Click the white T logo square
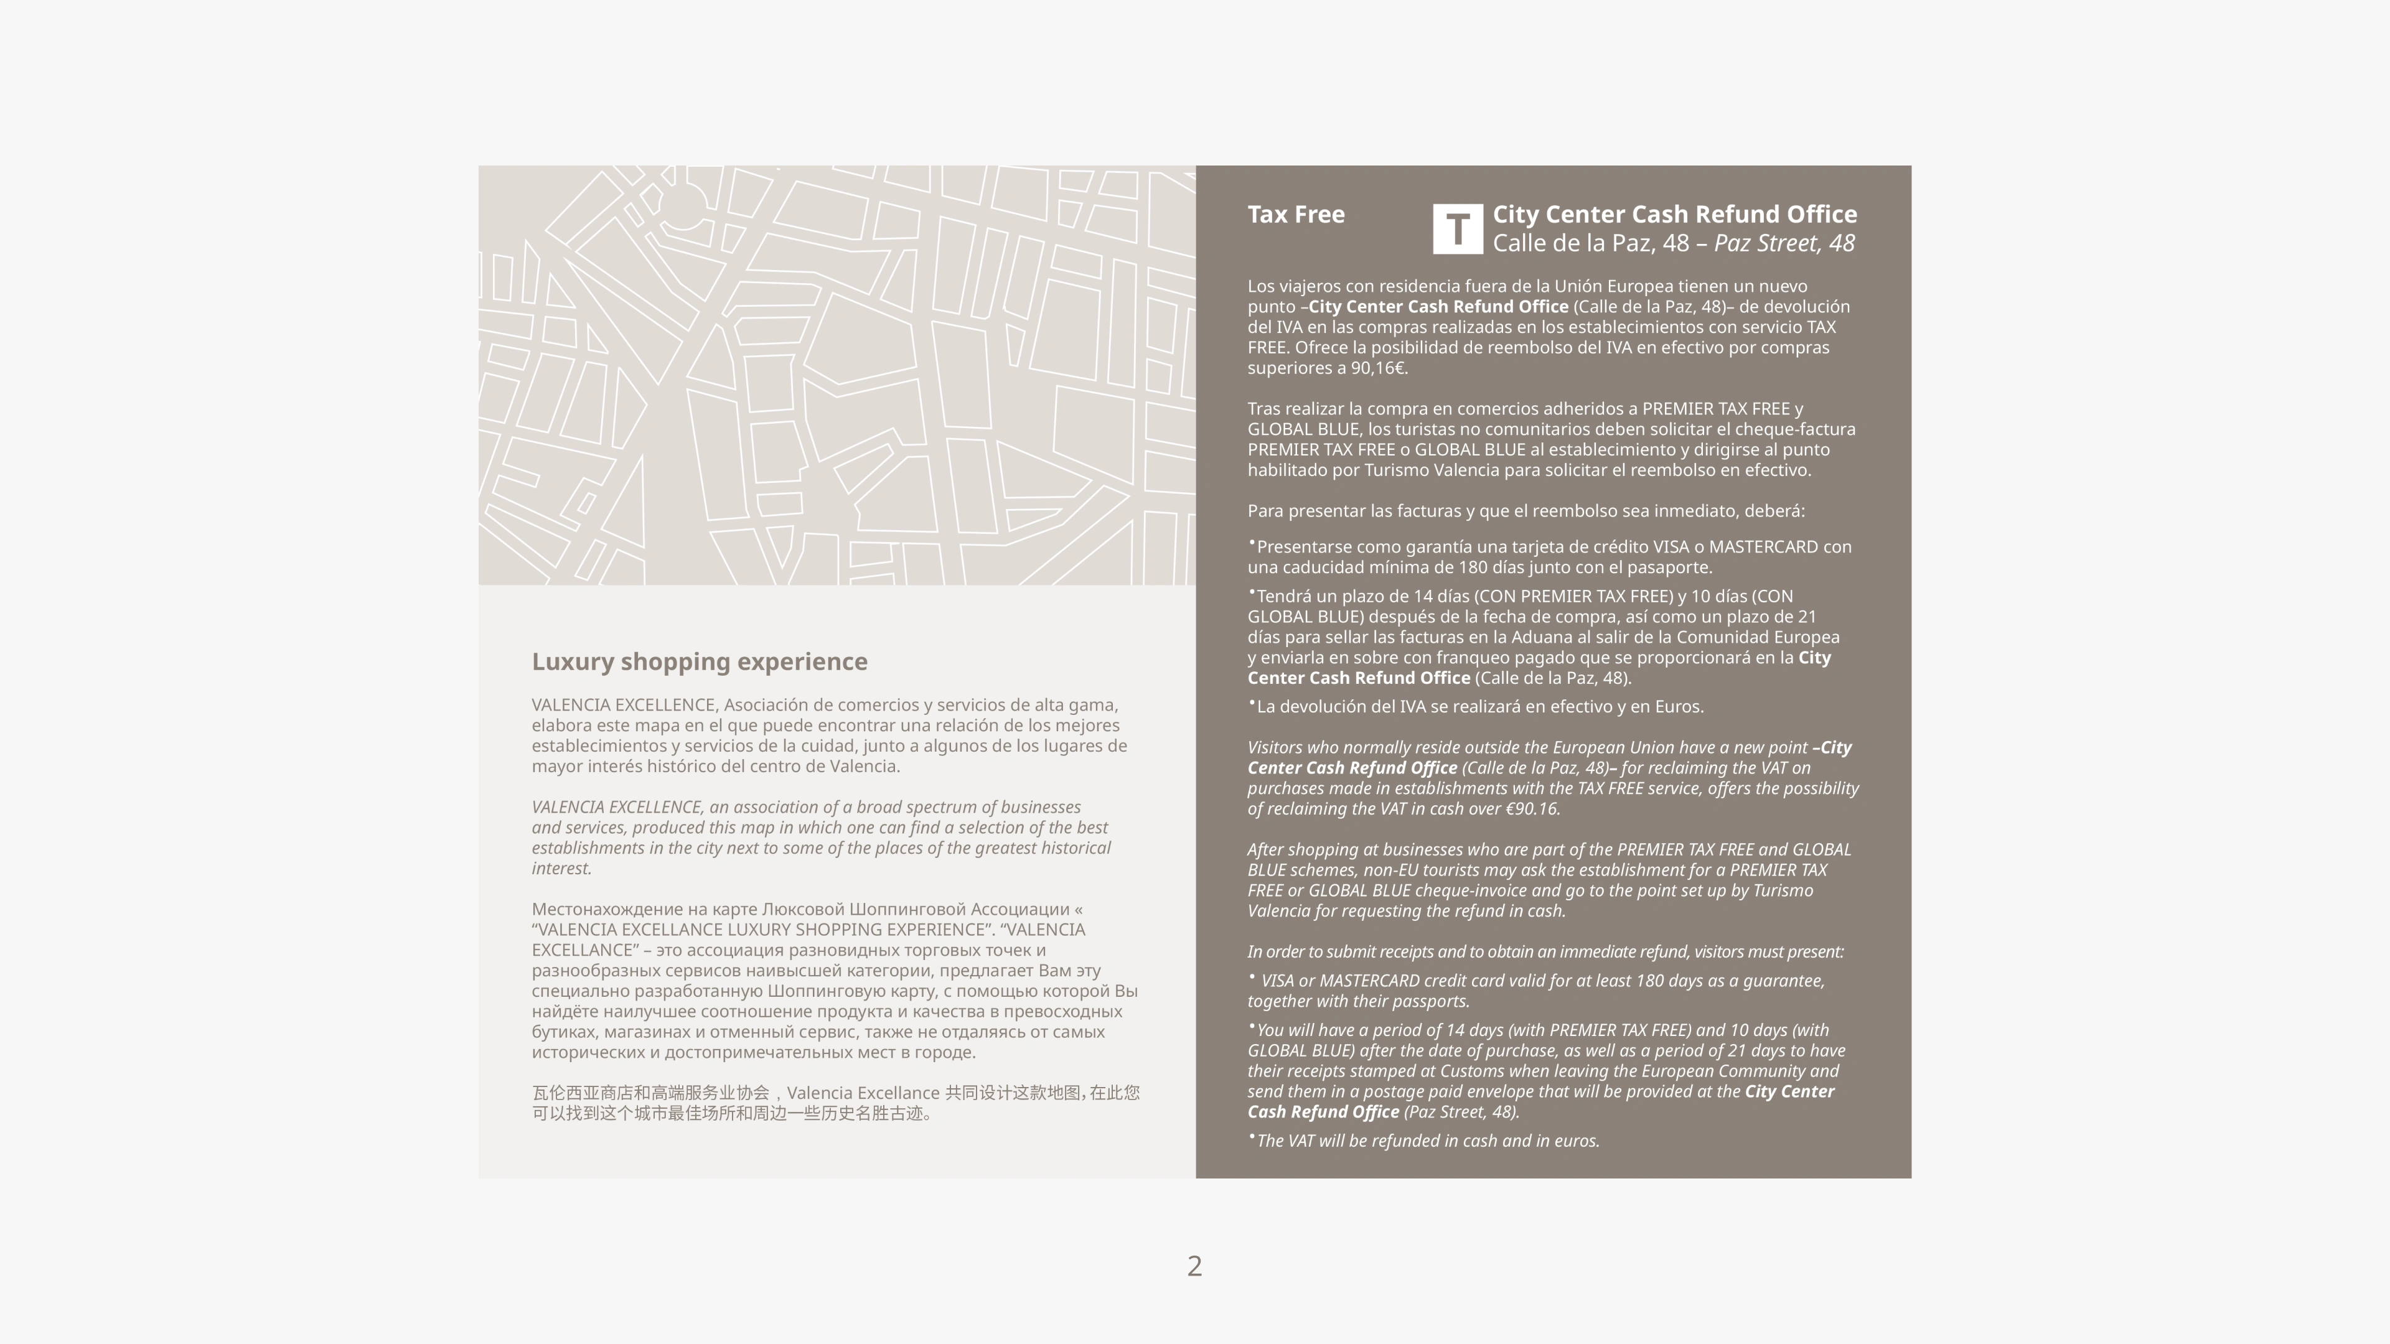[1458, 229]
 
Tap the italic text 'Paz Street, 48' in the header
[1783, 244]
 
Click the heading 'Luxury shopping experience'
[700, 662]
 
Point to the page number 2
[1194, 1266]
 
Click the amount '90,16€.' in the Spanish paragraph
[1379, 368]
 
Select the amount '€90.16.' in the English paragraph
[1532, 809]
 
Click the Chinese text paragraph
[835, 1103]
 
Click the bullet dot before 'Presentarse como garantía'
[1252, 543]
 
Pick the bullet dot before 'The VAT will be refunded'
[1252, 1136]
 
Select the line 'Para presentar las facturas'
[1525, 511]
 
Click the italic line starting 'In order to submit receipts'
[1545, 951]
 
